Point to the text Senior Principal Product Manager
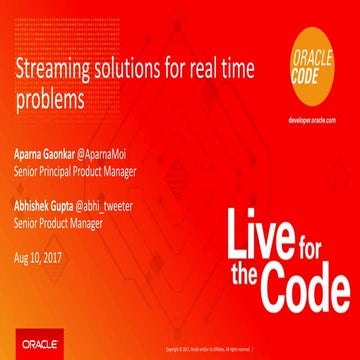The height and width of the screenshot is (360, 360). [x=71, y=171]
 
